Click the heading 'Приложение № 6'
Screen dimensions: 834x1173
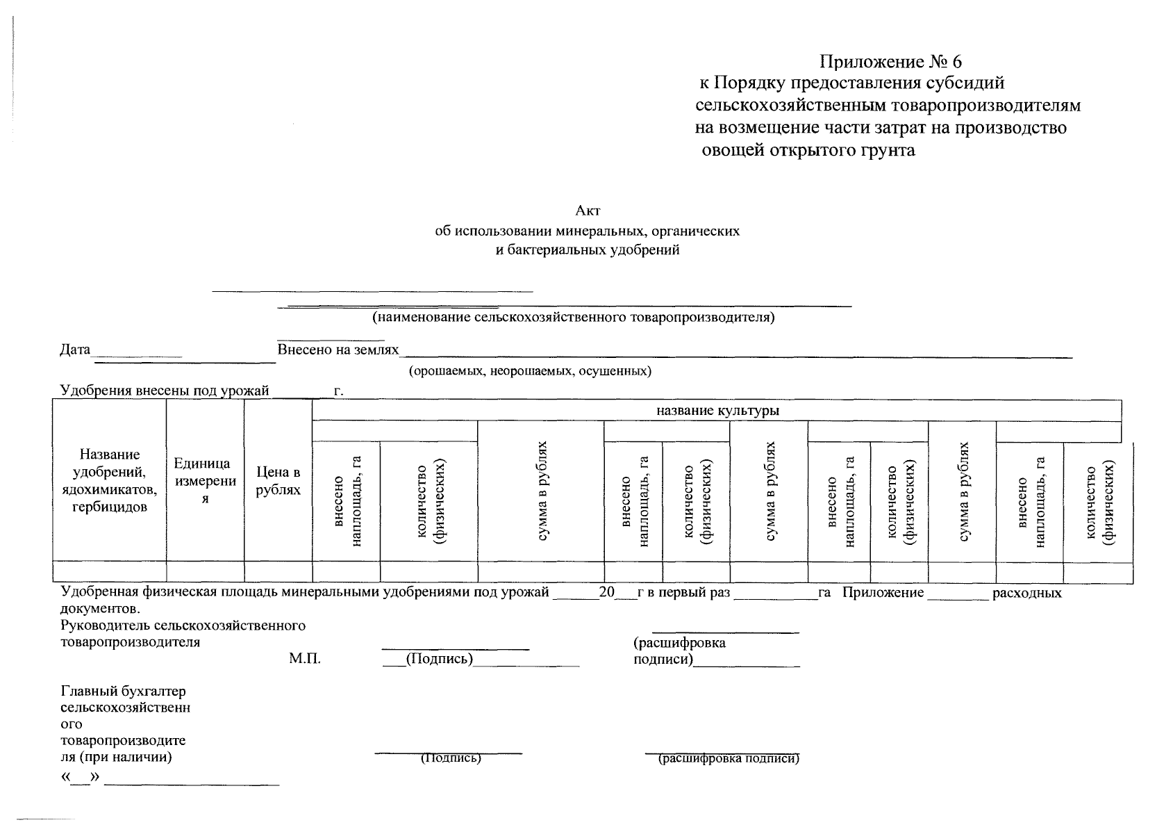tap(891, 63)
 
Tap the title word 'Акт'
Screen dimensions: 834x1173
tap(587, 211)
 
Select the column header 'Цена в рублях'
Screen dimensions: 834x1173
tap(278, 481)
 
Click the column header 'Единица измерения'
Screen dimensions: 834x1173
tap(205, 481)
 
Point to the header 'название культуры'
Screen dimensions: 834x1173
tap(717, 411)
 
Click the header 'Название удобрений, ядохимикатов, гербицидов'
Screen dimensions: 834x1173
tap(110, 481)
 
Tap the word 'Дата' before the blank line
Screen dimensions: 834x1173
tap(75, 350)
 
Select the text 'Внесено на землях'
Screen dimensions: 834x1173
tap(338, 350)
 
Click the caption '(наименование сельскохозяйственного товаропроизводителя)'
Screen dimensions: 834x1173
tap(573, 318)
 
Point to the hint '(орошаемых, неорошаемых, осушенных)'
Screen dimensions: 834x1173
tap(530, 370)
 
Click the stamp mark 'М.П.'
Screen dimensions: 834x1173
tap(305, 659)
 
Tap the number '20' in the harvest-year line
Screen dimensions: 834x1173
tap(606, 593)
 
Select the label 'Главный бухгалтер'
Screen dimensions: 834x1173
tap(124, 692)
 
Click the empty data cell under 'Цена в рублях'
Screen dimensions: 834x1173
tap(278, 572)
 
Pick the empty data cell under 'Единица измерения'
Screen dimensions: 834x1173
tap(205, 572)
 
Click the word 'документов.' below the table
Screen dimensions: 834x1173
tap(101, 610)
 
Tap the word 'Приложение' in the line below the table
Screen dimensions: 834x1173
tap(883, 593)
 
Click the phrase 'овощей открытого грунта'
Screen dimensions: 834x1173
tap(808, 150)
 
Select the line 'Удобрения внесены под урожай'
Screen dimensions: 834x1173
tap(165, 391)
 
